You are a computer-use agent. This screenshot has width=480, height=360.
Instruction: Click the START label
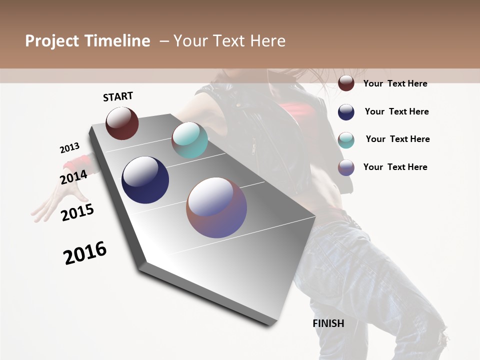pos(118,96)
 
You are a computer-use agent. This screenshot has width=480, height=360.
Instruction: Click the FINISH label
pos(328,323)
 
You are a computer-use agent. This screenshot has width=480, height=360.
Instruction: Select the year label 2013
pos(69,148)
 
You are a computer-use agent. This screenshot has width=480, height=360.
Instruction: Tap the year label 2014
pos(73,177)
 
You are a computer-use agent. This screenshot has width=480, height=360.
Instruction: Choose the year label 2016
pos(85,253)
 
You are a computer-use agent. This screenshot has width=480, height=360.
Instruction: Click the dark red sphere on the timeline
pos(122,123)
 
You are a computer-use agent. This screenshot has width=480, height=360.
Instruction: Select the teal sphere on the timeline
pos(189,140)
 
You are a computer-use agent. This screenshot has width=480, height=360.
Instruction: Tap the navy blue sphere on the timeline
pos(145,180)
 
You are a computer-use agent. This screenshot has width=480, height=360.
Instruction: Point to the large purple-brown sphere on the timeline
pos(216,207)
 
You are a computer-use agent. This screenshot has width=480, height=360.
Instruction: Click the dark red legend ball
pos(346,83)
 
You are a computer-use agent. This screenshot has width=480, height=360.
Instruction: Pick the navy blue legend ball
pos(346,112)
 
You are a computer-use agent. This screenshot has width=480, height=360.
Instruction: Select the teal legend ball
pos(346,139)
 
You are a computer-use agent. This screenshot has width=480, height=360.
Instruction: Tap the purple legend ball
pos(346,167)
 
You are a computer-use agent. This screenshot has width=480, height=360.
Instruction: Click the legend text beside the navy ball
pos(396,111)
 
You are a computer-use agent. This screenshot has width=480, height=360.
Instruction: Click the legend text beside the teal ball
pos(397,139)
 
